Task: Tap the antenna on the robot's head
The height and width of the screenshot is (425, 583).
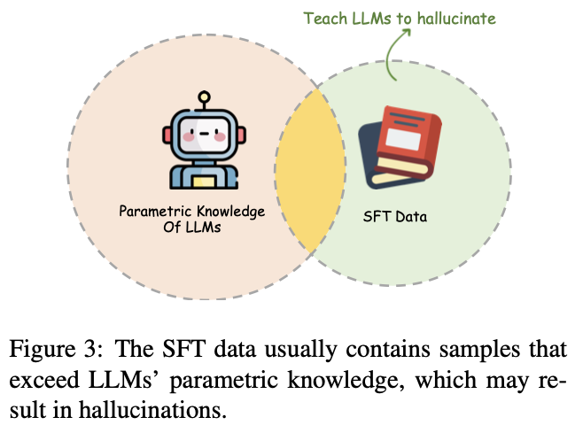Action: pos(204,97)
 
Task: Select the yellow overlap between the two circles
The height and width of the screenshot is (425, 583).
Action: pos(309,168)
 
